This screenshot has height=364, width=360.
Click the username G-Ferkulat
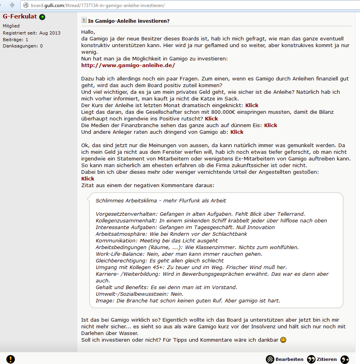(20, 17)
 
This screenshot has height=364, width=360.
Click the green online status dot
(42, 17)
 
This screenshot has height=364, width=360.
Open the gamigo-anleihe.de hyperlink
(128, 65)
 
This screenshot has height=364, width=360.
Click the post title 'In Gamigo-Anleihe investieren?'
(129, 20)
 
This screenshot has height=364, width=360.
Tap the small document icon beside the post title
(84, 20)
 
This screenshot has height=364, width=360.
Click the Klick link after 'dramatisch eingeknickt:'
(252, 105)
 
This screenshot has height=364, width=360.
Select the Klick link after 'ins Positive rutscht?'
(211, 118)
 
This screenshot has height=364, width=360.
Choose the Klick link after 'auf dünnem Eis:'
(270, 125)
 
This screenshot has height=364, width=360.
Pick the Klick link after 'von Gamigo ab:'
(237, 132)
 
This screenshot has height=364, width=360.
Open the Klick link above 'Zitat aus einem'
(88, 178)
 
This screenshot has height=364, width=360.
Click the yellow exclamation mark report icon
(11, 359)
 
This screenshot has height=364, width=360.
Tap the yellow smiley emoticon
(283, 340)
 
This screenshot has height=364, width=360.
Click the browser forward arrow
(12, 5)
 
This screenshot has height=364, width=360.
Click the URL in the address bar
(98, 5)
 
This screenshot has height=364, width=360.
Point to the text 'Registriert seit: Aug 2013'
(31, 33)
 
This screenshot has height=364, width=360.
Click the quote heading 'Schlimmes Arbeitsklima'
(161, 200)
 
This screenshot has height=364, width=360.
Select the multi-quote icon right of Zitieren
(345, 359)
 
